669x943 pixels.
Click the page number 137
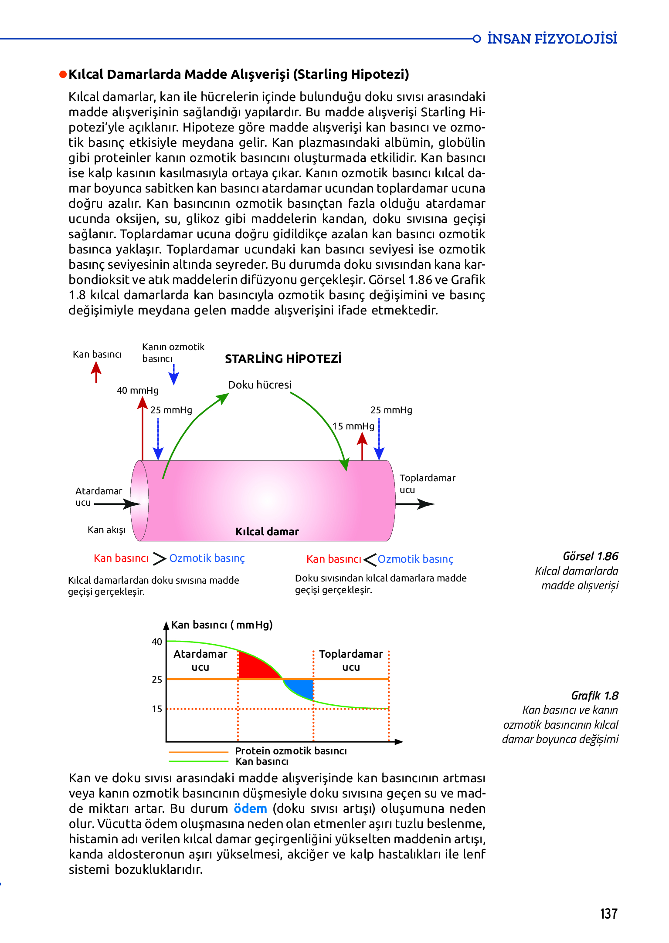click(x=608, y=913)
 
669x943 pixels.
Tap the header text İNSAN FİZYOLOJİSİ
click(x=552, y=39)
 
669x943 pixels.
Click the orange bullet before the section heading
click(x=63, y=74)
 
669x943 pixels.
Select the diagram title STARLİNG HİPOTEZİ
click(x=283, y=358)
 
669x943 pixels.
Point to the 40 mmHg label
click(x=137, y=390)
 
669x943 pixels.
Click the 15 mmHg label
click(x=353, y=426)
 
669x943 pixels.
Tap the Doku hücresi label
click(x=260, y=385)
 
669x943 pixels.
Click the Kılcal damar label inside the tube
click(x=267, y=531)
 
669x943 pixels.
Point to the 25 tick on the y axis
click(x=157, y=679)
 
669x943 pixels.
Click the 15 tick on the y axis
click(x=157, y=709)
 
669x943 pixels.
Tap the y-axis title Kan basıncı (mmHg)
click(x=221, y=625)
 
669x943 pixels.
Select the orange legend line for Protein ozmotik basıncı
click(x=198, y=752)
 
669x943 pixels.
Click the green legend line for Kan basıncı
click(x=198, y=761)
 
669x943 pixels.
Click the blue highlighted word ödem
click(x=250, y=808)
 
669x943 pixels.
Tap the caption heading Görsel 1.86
click(x=590, y=556)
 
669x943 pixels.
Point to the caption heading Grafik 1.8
click(x=594, y=696)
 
